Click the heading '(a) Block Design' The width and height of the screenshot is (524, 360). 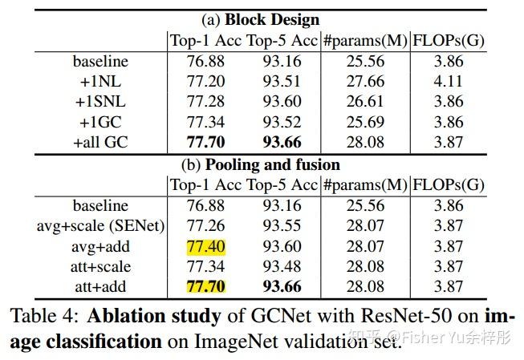point(260,19)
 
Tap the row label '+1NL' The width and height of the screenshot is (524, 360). point(100,81)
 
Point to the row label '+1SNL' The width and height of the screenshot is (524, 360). point(100,102)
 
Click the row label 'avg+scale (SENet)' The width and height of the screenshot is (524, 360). point(100,225)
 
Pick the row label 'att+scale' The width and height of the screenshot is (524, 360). point(100,266)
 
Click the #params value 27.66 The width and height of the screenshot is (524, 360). point(364,81)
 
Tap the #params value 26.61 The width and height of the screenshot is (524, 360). point(364,102)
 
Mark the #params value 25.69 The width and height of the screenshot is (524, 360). point(364,123)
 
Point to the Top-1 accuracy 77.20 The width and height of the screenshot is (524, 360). point(206,81)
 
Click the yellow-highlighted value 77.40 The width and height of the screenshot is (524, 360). point(206,246)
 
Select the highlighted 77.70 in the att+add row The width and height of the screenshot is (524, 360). point(206,287)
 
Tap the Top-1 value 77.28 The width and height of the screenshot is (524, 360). point(206,102)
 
